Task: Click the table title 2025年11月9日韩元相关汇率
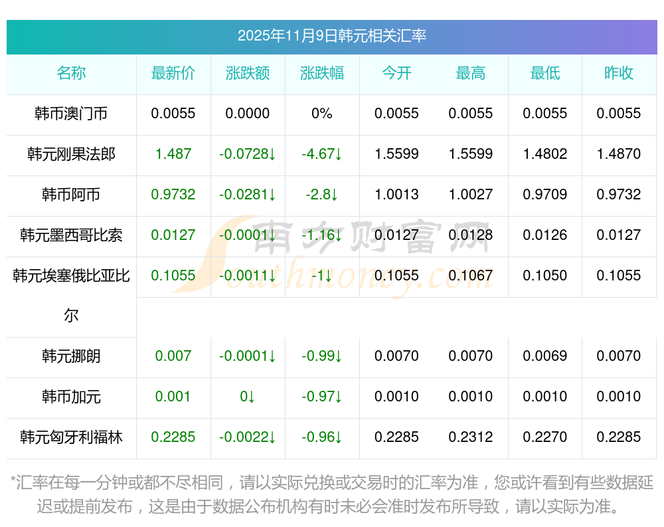coord(331,36)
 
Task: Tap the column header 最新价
coord(173,73)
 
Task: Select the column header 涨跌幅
coord(322,73)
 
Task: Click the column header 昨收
coord(619,73)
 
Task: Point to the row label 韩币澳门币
coord(71,114)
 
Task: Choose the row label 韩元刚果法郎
coord(71,154)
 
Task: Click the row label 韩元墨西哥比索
coord(71,235)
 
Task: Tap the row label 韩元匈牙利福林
coord(71,437)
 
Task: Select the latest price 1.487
coord(173,154)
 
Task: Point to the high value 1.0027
coord(471,195)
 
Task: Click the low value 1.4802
coord(545,154)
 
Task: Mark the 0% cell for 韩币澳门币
coord(322,114)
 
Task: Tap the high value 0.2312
coord(471,437)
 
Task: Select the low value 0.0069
coord(545,356)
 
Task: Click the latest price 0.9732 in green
coord(173,195)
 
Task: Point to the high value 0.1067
coord(471,276)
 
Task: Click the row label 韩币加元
coord(71,397)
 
